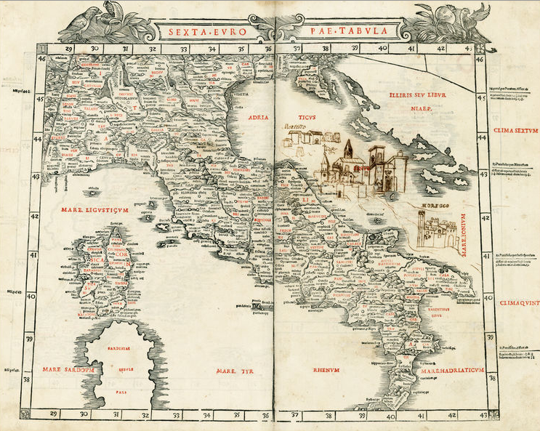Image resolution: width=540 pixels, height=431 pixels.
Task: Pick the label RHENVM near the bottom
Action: point(327,370)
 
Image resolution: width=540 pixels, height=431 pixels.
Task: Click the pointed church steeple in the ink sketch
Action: point(348,148)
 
